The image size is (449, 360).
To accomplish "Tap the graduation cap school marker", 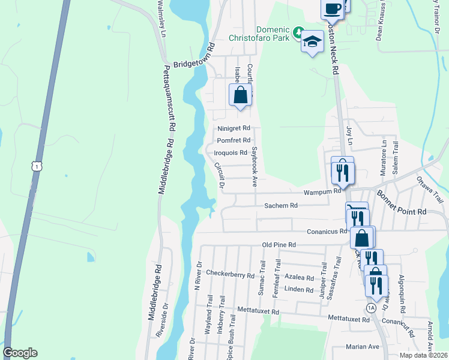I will coord(312,41).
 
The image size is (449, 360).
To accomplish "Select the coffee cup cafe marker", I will coord(332,9).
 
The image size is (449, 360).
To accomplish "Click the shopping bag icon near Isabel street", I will coord(240,95).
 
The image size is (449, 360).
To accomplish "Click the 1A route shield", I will coord(371,308).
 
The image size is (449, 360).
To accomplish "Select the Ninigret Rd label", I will coord(234,128).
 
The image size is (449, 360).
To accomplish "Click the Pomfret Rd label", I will coord(234,140).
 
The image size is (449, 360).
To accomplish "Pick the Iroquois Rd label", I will coord(231,153).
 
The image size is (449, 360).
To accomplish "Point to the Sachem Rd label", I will coord(281,205).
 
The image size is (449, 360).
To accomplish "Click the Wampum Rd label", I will coord(322,192).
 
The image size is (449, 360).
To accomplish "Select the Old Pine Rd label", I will coord(279,245).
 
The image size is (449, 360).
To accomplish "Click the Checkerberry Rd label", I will coord(230,275).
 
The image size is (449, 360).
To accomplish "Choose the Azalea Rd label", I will coord(299,278).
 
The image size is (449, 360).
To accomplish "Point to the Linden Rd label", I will coord(300,290).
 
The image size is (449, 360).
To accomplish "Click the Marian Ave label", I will coord(363,347).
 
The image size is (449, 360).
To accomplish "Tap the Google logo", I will coord(19,353).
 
